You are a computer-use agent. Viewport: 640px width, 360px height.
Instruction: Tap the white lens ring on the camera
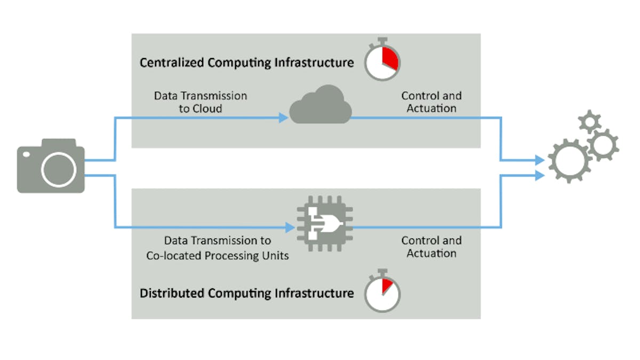click(58, 170)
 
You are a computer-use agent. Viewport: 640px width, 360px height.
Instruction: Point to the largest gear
click(570, 159)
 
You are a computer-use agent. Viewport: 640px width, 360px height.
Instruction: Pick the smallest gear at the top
click(589, 123)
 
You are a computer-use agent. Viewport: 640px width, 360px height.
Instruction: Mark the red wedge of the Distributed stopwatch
click(387, 286)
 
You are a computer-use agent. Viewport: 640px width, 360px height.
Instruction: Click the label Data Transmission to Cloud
click(201, 102)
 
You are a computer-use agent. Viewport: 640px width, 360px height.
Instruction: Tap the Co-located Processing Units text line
click(218, 255)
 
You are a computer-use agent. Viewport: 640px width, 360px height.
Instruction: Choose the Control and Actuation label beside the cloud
click(431, 102)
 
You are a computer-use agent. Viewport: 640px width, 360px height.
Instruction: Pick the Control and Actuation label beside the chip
click(431, 247)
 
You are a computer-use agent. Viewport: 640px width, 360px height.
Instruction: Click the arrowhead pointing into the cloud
click(284, 118)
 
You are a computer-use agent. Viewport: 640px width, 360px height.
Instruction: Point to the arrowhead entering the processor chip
click(290, 227)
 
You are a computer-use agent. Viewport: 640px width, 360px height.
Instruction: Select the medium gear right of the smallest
click(603, 144)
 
